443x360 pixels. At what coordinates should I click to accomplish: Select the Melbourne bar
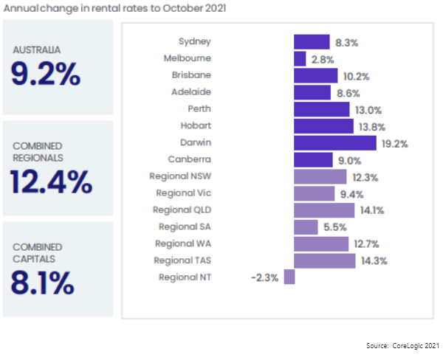tap(300, 58)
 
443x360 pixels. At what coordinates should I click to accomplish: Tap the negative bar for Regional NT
tap(289, 277)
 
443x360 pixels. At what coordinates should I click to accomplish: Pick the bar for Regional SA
tap(306, 226)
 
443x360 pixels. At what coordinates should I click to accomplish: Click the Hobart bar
tap(323, 126)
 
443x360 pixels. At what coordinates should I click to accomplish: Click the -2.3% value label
tap(265, 277)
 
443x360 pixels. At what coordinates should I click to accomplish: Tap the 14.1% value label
tap(371, 210)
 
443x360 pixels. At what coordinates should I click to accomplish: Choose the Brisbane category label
tap(190, 75)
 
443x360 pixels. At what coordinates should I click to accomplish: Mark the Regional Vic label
tap(183, 193)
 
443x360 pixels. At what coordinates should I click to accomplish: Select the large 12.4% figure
tap(50, 181)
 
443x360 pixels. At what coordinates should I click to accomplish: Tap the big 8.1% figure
tap(42, 282)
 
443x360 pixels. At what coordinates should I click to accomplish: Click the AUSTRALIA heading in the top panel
tap(36, 50)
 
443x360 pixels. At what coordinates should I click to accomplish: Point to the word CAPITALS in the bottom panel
tap(36, 258)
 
